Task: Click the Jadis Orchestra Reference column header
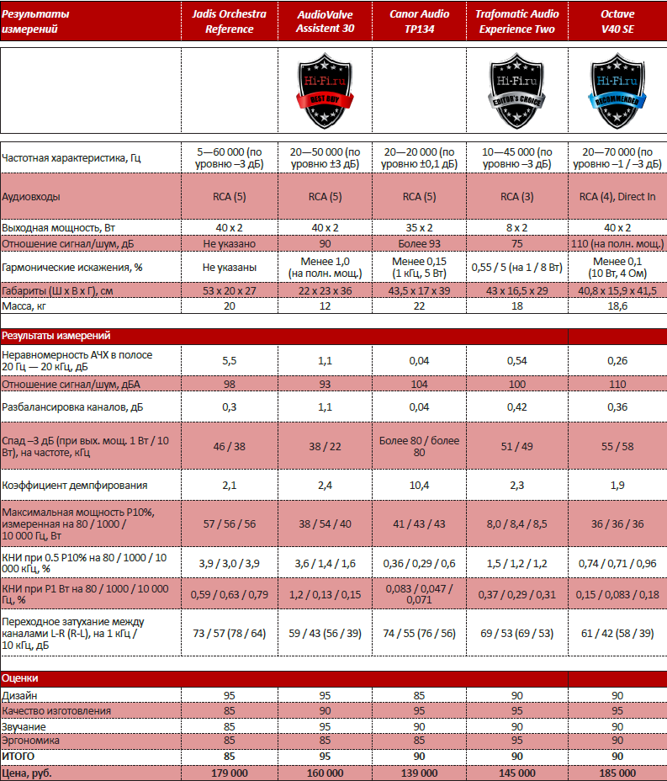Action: [229, 21]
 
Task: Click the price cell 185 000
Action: [617, 772]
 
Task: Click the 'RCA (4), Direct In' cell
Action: [617, 197]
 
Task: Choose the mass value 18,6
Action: [617, 305]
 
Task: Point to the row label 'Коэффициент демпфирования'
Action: [75, 485]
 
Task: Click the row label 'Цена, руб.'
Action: [29, 772]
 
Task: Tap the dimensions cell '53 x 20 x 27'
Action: [230, 290]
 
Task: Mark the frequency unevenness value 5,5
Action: [230, 361]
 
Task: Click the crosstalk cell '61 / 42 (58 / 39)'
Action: [617, 631]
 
